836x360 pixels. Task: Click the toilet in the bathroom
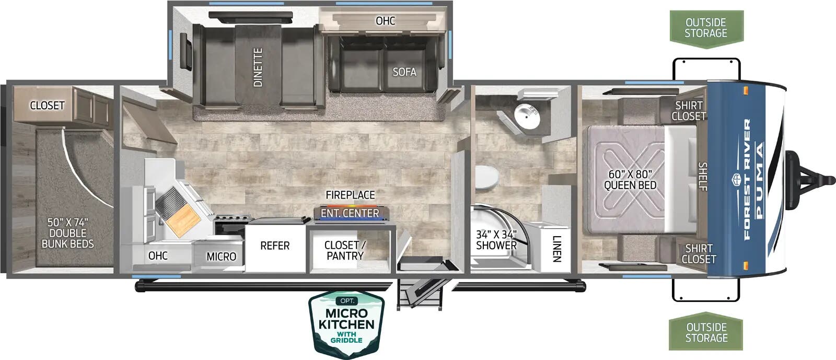pyautogui.click(x=487, y=177)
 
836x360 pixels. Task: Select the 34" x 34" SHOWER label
pyautogui.click(x=496, y=240)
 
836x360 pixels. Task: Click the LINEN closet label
pyautogui.click(x=556, y=249)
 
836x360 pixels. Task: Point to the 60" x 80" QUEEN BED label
pyautogui.click(x=630, y=179)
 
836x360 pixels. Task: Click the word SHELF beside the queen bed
pyautogui.click(x=703, y=177)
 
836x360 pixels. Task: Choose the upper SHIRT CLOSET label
pyautogui.click(x=689, y=111)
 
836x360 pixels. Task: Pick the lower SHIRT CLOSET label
pyautogui.click(x=699, y=254)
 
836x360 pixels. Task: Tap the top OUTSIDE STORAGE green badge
pyautogui.click(x=706, y=29)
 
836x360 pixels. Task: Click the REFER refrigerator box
pyautogui.click(x=275, y=246)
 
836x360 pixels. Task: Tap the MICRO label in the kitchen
pyautogui.click(x=222, y=257)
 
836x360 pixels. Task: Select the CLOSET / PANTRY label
pyautogui.click(x=345, y=250)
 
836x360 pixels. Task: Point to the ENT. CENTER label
pyautogui.click(x=350, y=213)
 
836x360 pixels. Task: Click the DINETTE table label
pyautogui.click(x=258, y=67)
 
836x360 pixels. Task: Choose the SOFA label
pyautogui.click(x=404, y=72)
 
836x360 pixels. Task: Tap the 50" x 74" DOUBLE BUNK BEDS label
pyautogui.click(x=67, y=233)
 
